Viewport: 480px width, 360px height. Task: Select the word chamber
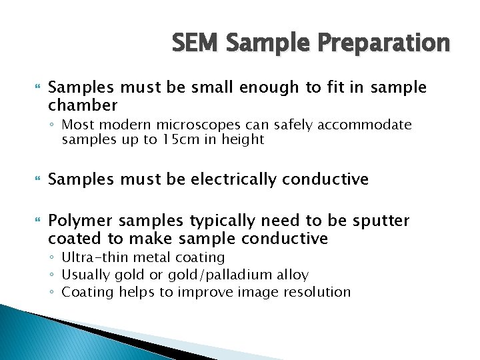83,105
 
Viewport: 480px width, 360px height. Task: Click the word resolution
316,292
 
